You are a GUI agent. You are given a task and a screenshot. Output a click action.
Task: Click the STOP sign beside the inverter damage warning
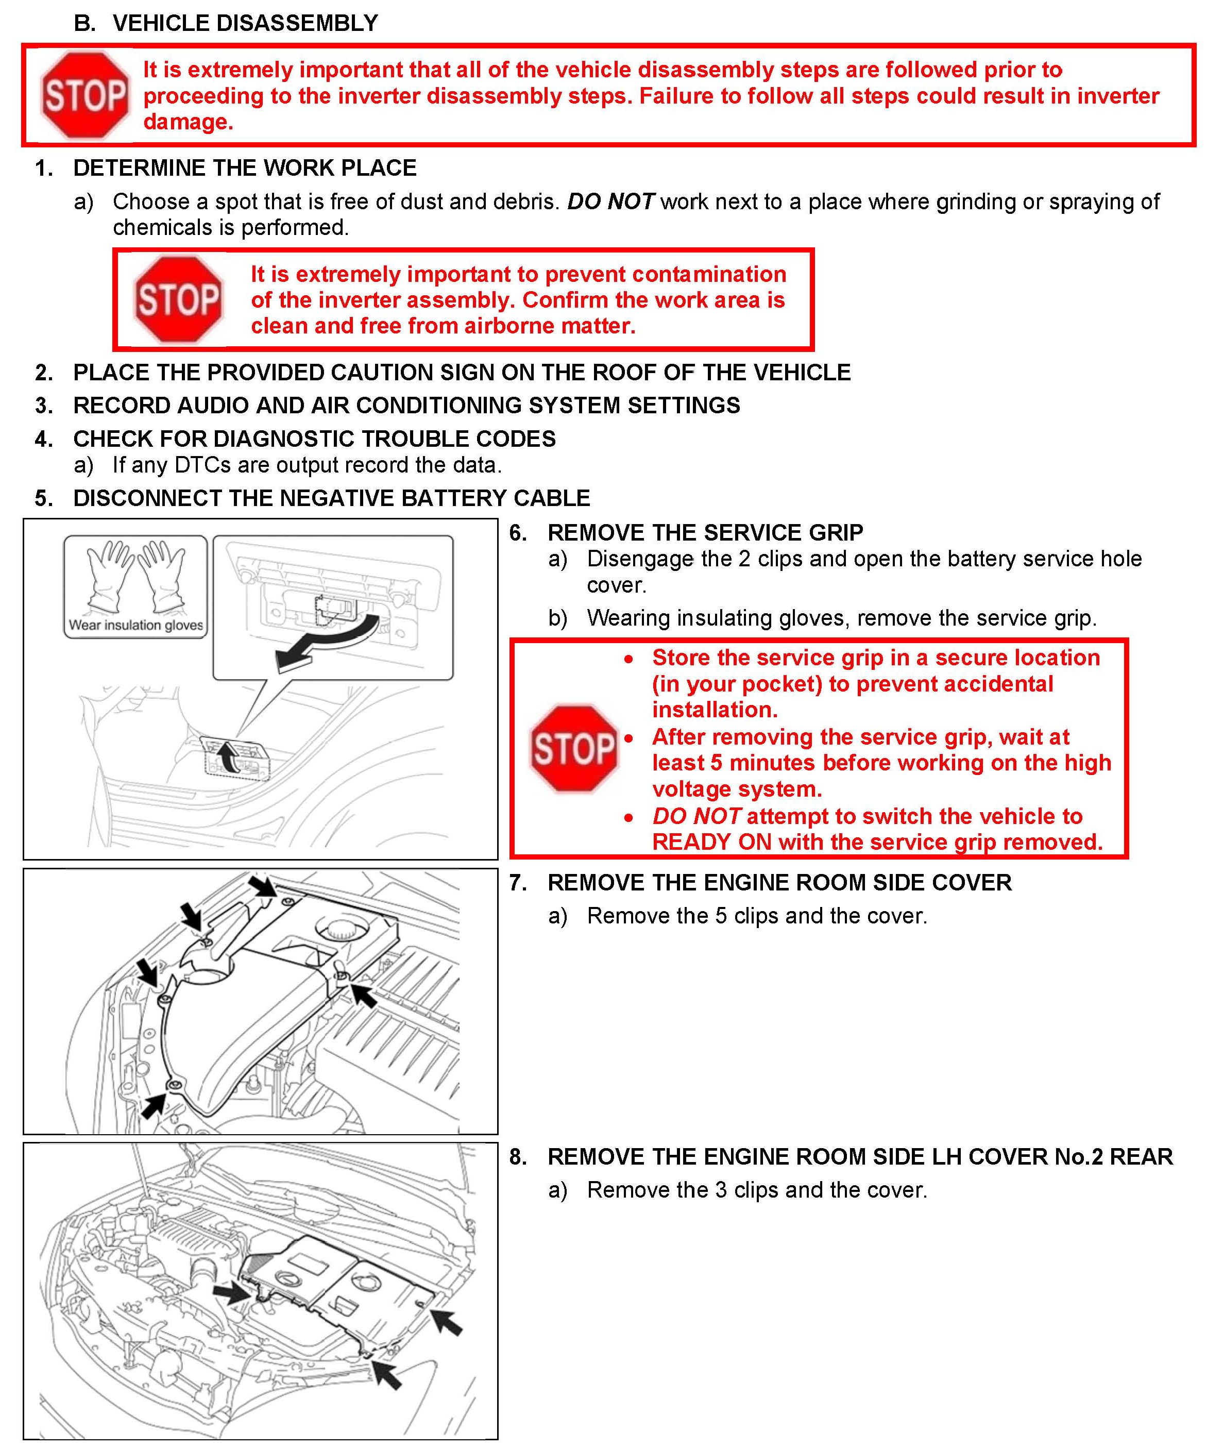84,95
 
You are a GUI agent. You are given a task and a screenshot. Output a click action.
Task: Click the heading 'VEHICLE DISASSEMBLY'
245,23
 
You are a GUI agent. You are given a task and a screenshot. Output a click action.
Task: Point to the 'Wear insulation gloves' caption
135,625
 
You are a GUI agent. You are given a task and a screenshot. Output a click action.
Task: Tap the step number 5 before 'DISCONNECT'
43,498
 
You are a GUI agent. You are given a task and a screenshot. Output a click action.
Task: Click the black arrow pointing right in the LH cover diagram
232,1292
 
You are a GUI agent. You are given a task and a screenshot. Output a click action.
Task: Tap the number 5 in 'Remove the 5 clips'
720,916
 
